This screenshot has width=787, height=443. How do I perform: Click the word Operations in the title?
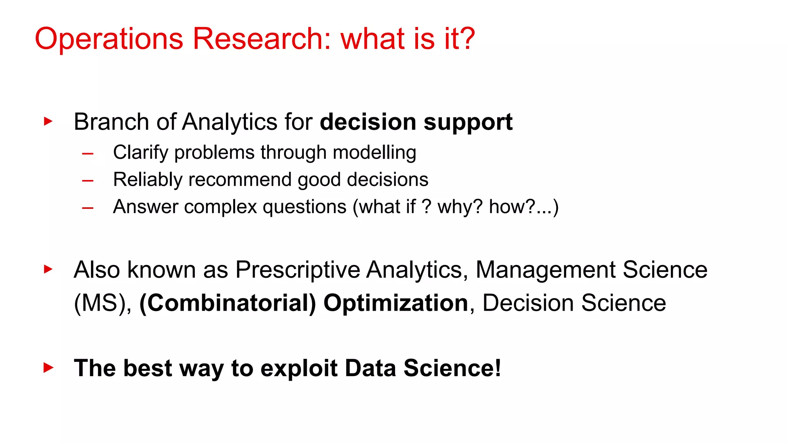click(109, 39)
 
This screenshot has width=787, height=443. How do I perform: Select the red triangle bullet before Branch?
click(48, 122)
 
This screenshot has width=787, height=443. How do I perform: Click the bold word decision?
click(368, 122)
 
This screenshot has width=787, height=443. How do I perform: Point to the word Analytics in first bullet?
click(229, 122)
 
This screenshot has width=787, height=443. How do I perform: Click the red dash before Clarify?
click(88, 154)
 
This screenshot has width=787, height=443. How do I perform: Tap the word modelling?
click(374, 152)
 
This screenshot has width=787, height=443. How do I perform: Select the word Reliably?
click(148, 180)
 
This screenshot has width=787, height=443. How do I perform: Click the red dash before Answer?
click(88, 208)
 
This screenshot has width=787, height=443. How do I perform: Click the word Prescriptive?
click(297, 270)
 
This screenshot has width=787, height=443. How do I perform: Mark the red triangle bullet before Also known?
click(48, 269)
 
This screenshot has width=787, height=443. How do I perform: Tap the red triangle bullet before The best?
click(48, 368)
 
